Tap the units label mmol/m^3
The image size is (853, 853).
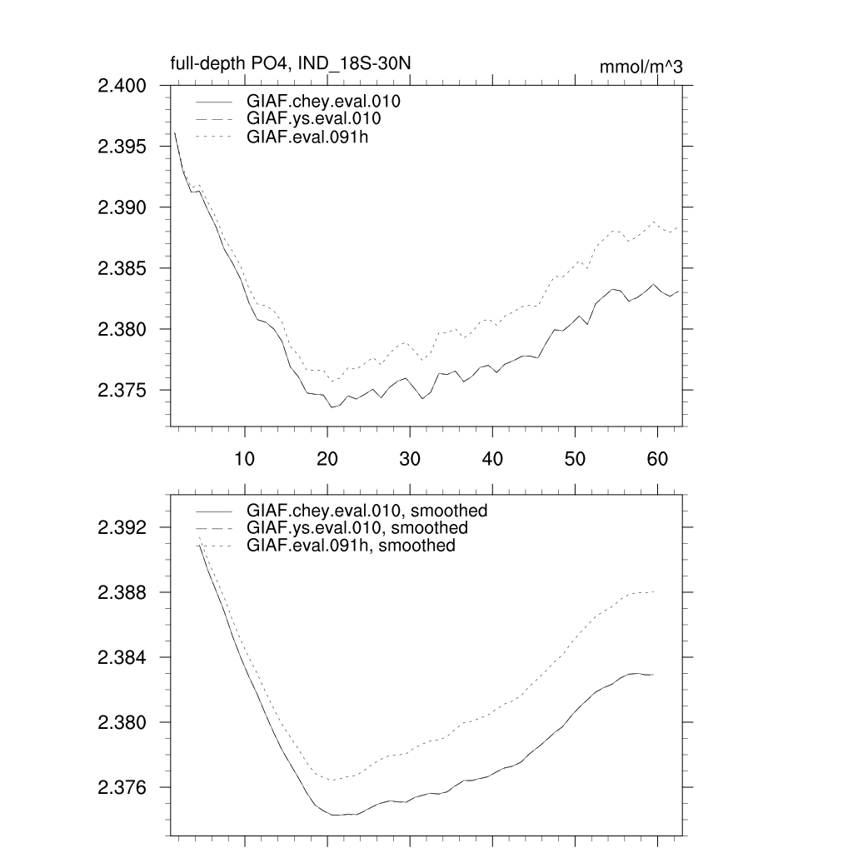coord(641,67)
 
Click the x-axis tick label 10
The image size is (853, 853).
coord(244,458)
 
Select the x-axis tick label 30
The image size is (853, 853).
coord(409,458)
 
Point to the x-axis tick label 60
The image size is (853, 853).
coord(657,458)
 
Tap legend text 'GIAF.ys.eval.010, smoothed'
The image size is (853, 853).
coord(357,528)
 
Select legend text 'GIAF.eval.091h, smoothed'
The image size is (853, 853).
coord(351,546)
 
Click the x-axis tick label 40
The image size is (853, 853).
coord(491,458)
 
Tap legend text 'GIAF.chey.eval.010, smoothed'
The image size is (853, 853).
coord(367,510)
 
